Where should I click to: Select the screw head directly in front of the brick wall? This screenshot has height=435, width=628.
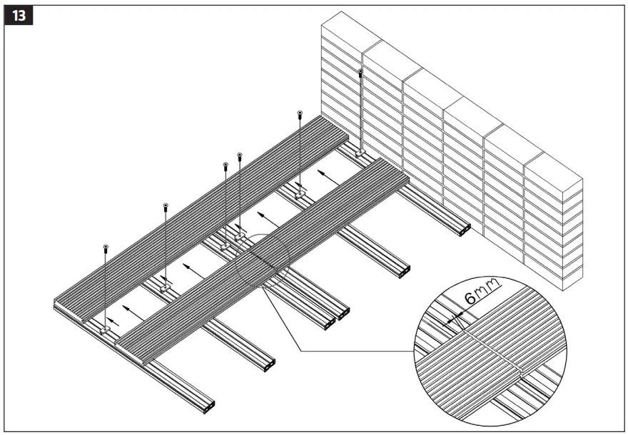click(x=361, y=73)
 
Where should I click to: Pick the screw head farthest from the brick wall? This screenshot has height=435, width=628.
click(x=106, y=247)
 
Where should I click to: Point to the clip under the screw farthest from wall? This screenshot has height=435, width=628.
click(x=106, y=329)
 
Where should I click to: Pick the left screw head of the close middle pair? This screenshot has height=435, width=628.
click(x=226, y=165)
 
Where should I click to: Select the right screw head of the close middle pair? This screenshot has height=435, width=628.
click(x=239, y=155)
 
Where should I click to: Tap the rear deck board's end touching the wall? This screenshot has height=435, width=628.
click(x=335, y=136)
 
